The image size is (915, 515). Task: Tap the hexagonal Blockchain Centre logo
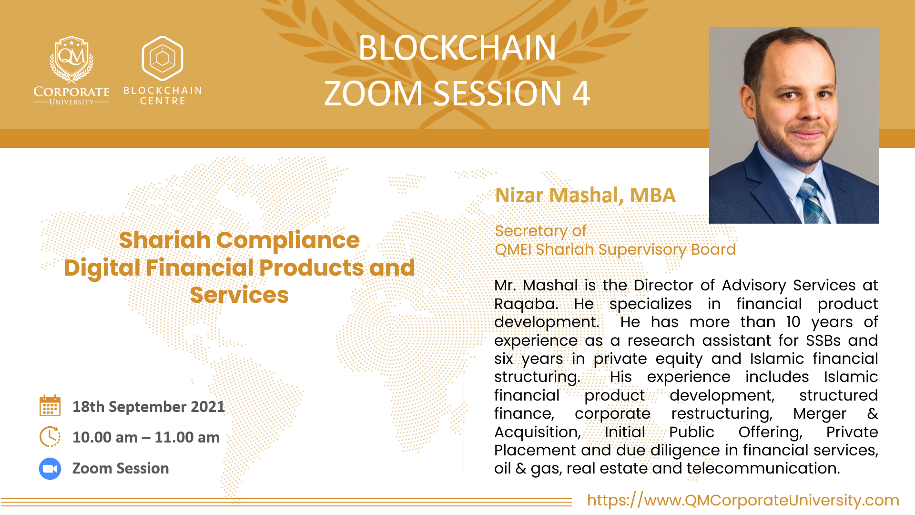pyautogui.click(x=163, y=58)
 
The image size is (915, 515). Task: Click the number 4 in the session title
pyautogui.click(x=581, y=93)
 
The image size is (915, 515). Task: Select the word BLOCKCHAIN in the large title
pyautogui.click(x=457, y=48)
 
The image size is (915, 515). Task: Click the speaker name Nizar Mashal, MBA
pyautogui.click(x=585, y=195)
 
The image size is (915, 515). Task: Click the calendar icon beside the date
pyautogui.click(x=50, y=406)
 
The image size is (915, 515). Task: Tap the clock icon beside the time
pyautogui.click(x=50, y=437)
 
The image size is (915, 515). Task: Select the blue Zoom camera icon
pyautogui.click(x=50, y=469)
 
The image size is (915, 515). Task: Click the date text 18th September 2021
pyautogui.click(x=148, y=407)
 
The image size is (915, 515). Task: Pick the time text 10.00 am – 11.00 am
pyautogui.click(x=146, y=437)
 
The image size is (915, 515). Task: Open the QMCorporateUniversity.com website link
pyautogui.click(x=743, y=500)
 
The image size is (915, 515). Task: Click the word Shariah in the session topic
pyautogui.click(x=164, y=240)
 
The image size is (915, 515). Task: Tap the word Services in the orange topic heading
pyautogui.click(x=239, y=295)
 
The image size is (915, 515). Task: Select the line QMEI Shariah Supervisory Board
pyautogui.click(x=615, y=249)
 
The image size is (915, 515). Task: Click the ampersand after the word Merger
pyautogui.click(x=872, y=413)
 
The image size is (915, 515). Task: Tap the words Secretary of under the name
pyautogui.click(x=540, y=231)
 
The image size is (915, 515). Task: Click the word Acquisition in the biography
pyautogui.click(x=538, y=432)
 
